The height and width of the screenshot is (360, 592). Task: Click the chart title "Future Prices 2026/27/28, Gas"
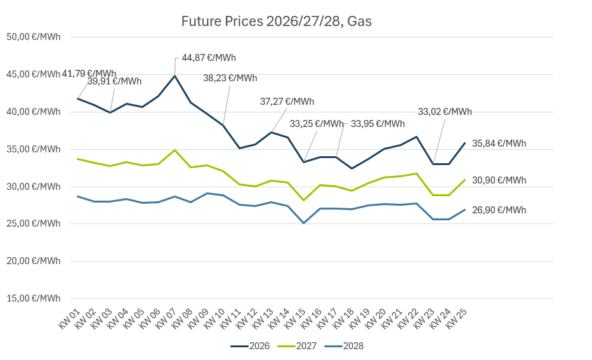click(276, 22)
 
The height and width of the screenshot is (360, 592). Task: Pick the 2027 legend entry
click(297, 346)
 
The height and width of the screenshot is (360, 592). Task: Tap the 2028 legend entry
click(344, 346)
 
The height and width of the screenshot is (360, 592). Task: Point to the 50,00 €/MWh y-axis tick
click(33, 37)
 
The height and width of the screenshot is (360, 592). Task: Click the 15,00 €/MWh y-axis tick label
click(33, 298)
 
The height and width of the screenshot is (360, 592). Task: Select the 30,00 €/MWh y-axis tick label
click(33, 187)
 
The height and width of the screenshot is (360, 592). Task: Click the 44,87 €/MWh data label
click(209, 58)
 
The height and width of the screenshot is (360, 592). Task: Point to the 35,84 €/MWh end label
click(499, 143)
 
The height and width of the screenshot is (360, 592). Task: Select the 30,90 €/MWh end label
click(499, 180)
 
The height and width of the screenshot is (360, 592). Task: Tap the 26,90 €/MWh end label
click(499, 210)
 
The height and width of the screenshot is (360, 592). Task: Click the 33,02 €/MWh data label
click(445, 112)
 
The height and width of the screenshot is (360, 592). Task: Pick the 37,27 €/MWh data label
click(287, 102)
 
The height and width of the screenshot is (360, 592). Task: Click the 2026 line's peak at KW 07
click(174, 76)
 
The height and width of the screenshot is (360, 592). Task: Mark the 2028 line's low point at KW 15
click(304, 223)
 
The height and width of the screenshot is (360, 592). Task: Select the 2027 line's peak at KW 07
click(174, 150)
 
